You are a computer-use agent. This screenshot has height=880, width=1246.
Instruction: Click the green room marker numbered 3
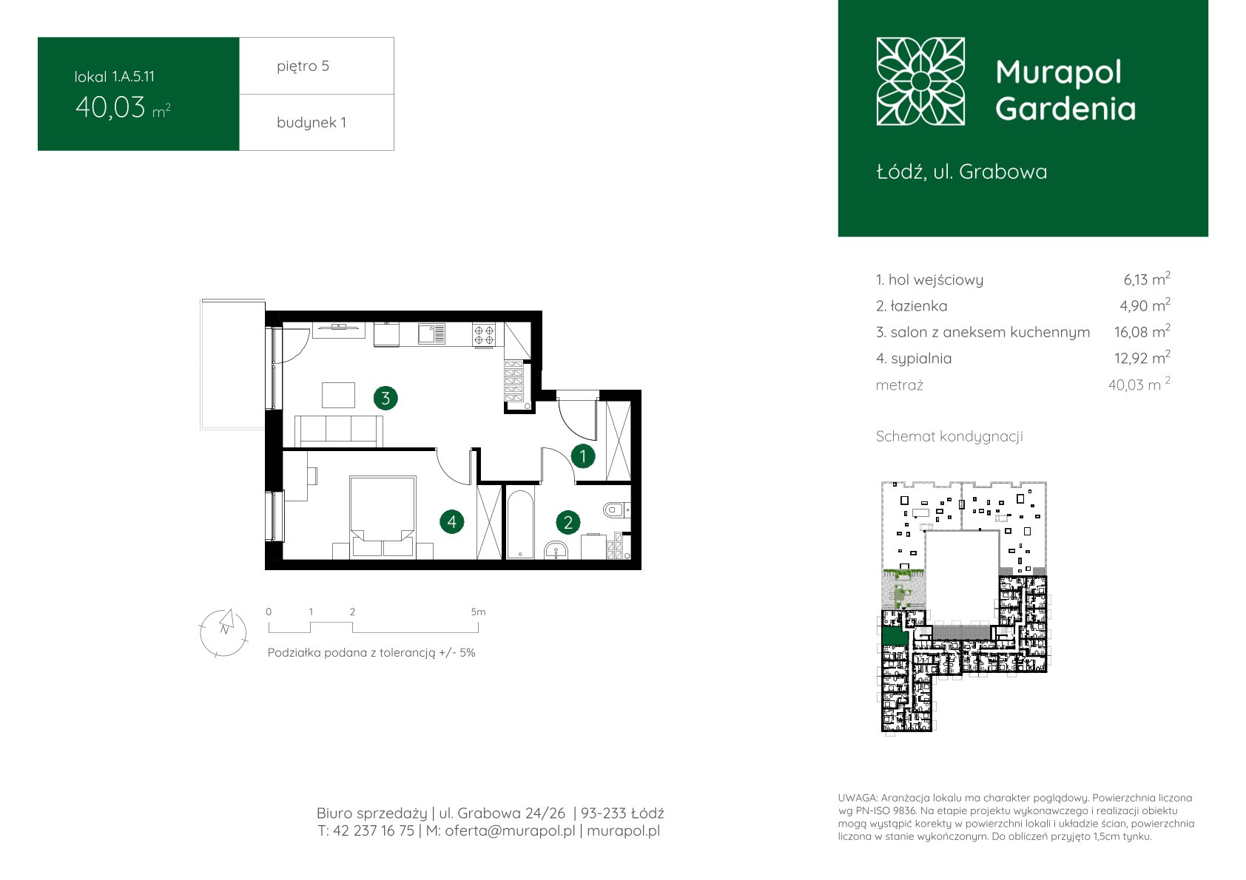(x=385, y=398)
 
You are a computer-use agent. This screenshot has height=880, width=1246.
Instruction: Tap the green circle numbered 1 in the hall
(x=583, y=456)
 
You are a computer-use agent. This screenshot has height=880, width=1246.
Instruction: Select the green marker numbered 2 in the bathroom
(x=568, y=522)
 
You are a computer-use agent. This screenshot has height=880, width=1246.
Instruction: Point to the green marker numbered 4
(x=451, y=521)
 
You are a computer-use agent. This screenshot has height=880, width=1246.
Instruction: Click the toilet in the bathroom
(x=616, y=510)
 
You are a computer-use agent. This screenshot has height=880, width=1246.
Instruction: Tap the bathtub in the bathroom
(x=520, y=523)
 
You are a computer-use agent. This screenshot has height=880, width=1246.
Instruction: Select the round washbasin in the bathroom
(x=556, y=550)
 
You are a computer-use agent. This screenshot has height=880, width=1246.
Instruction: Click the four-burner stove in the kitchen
(x=483, y=335)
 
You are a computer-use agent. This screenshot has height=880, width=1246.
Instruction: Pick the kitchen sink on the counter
(x=431, y=334)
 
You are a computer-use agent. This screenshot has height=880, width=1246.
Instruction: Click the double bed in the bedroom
(x=383, y=516)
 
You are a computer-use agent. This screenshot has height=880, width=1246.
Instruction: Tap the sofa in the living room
(x=339, y=431)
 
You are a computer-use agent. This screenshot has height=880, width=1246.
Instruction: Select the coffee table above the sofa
(x=338, y=395)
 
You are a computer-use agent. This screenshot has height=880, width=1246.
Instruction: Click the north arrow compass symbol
(x=223, y=632)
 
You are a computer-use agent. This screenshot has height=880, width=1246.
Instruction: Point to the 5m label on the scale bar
(x=478, y=612)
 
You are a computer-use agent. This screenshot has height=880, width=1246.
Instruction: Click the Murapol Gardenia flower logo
(x=920, y=81)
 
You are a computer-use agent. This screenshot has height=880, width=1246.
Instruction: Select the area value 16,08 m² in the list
(x=1142, y=331)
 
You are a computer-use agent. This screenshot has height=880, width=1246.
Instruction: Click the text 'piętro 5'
(x=303, y=66)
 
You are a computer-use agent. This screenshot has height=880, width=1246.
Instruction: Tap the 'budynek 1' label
(x=311, y=122)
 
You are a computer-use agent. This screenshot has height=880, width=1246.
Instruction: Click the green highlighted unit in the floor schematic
(x=895, y=636)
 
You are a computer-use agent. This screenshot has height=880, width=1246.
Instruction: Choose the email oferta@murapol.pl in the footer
(x=510, y=830)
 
